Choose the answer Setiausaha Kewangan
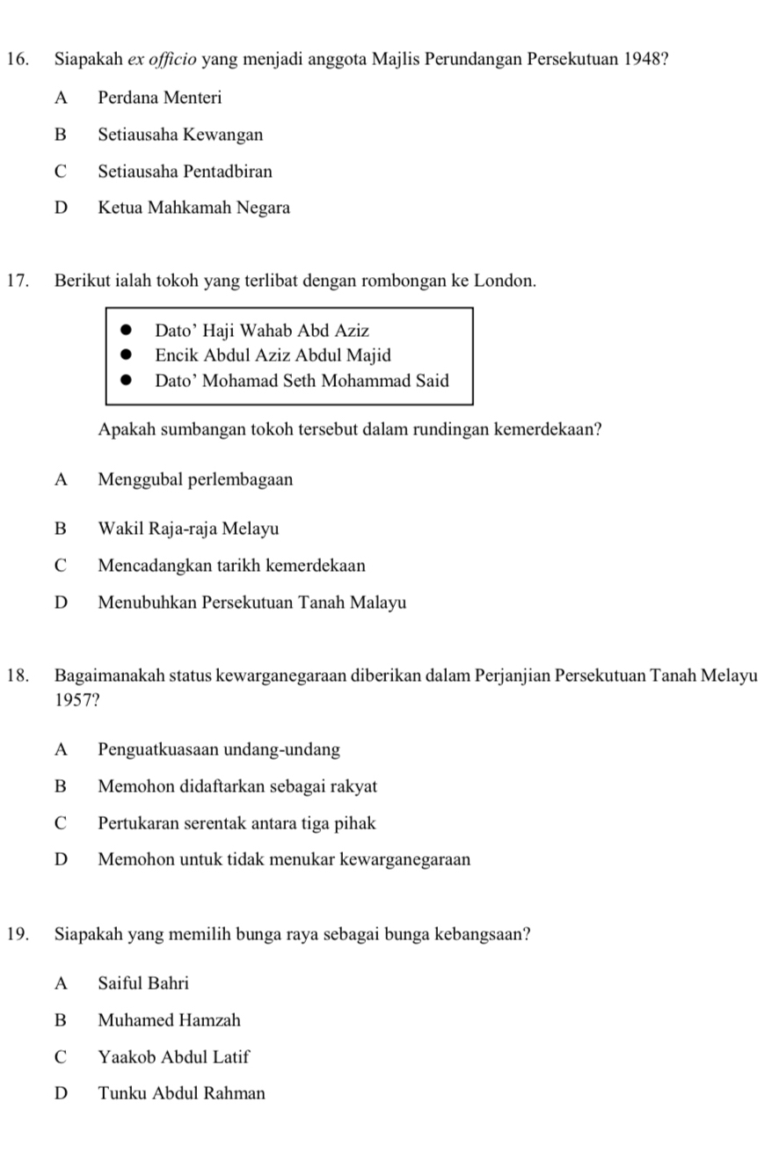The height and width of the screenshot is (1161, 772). click(x=180, y=135)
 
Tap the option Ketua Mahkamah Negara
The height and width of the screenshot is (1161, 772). click(x=193, y=208)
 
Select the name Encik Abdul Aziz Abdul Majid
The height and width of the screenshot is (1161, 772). click(x=273, y=356)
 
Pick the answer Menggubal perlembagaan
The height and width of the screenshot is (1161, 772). click(x=195, y=480)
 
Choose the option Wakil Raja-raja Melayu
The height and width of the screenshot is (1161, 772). click(x=188, y=529)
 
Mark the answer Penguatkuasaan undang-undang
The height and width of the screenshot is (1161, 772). click(x=219, y=750)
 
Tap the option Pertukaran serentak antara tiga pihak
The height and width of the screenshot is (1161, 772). click(x=237, y=824)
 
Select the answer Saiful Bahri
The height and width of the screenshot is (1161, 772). click(x=143, y=982)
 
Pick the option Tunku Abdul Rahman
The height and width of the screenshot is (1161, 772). click(x=181, y=1093)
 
